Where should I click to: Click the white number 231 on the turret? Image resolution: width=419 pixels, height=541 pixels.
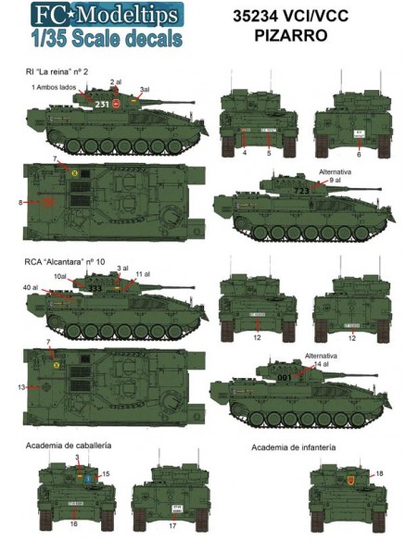[103, 105]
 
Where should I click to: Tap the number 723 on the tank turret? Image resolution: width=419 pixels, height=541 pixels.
[302, 190]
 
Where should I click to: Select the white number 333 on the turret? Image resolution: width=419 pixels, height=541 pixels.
[95, 289]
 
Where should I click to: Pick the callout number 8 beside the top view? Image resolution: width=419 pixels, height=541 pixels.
[20, 202]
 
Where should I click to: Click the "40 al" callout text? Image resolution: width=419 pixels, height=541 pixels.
[31, 288]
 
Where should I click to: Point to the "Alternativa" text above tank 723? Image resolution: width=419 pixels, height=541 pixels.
[331, 172]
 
